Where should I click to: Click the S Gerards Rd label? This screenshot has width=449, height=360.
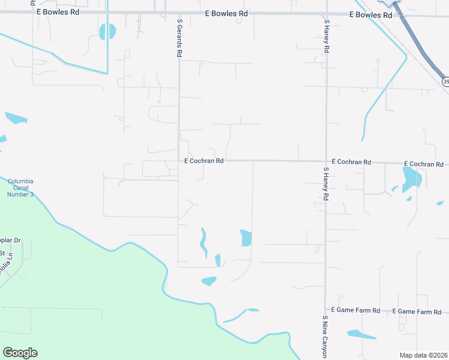click(179, 37)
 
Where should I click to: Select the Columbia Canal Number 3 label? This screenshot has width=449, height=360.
click(20, 187)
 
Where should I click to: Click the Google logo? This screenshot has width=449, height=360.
click(20, 353)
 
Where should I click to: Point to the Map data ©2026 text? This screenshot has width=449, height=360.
click(423, 355)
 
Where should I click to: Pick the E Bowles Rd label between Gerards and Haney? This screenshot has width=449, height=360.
click(226, 13)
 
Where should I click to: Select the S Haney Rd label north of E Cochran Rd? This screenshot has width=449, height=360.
click(327, 37)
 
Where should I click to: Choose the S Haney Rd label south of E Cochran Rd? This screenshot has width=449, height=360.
click(326, 184)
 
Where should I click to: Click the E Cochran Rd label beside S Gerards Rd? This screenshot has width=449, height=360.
click(204, 161)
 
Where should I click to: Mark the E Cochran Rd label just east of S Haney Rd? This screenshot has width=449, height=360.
click(351, 163)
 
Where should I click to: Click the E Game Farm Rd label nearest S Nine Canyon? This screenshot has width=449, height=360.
click(359, 310)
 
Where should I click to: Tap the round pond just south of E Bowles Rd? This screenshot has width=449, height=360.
click(107, 32)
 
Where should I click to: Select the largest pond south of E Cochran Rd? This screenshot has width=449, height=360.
click(412, 179)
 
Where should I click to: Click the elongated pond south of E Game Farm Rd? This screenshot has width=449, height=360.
click(361, 334)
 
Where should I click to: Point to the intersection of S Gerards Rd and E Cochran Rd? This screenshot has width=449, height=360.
click(179, 161)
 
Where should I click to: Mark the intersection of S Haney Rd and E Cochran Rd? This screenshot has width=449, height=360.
click(326, 161)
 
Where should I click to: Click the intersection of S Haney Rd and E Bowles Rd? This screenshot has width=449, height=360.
click(326, 14)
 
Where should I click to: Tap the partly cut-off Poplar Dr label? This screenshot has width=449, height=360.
click(10, 240)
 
